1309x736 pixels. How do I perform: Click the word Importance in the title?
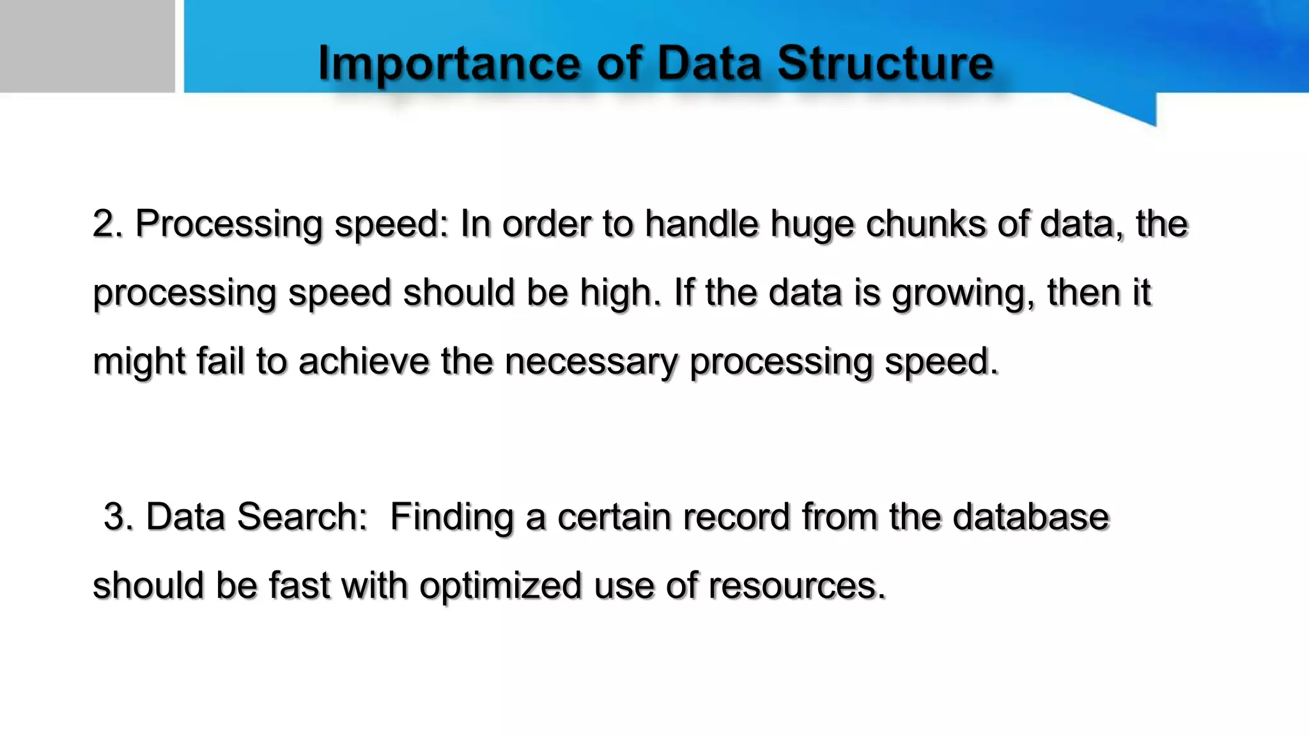coord(449,63)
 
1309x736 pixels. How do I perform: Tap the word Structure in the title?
coord(885,63)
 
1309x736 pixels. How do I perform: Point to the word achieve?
coord(364,361)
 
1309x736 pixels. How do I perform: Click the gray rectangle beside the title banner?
coord(87,46)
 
